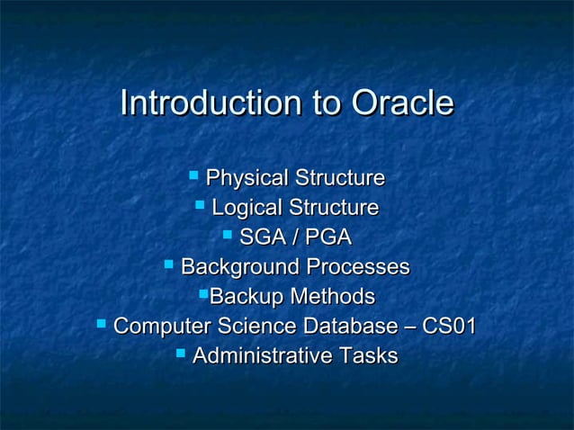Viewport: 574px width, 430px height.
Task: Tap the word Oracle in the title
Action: (x=401, y=103)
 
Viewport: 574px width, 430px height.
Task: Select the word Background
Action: (x=240, y=267)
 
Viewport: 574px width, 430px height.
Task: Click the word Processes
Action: (x=357, y=267)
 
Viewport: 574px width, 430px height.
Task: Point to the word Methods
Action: (x=332, y=297)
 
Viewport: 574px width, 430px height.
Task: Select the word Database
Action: (x=345, y=327)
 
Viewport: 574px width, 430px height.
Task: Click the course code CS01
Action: (x=448, y=327)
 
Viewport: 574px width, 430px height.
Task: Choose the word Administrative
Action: (x=262, y=356)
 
